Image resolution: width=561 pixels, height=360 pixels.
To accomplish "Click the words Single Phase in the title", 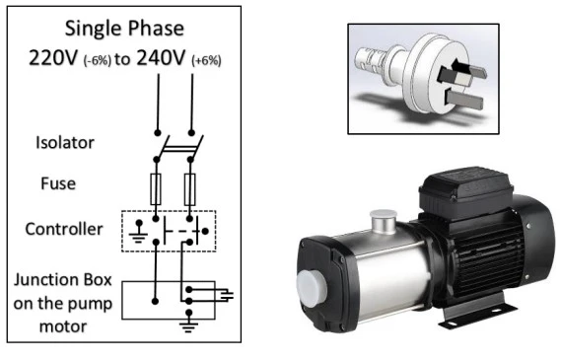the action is tap(124, 29).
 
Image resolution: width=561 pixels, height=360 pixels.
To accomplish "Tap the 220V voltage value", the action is tap(52, 57).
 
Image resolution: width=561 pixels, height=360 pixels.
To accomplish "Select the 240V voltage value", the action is tap(161, 57).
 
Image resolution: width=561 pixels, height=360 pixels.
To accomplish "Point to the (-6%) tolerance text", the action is tap(98, 60).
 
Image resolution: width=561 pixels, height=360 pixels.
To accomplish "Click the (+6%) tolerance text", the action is tap(206, 60).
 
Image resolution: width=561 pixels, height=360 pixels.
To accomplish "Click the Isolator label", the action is tap(65, 142).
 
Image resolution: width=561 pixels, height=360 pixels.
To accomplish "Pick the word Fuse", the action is tap(58, 183).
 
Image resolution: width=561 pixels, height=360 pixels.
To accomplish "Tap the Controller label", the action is tap(64, 229).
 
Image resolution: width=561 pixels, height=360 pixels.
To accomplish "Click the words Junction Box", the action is tap(63, 280).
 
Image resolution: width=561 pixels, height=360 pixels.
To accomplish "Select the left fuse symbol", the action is tap(156, 189).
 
